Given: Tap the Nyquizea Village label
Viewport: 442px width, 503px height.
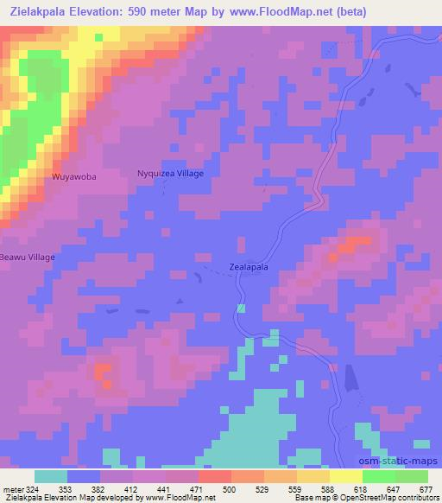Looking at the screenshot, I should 171,174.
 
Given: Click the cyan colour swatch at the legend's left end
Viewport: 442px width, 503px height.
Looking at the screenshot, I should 51,475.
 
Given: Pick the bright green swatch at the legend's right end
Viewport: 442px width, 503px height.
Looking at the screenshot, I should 411,475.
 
